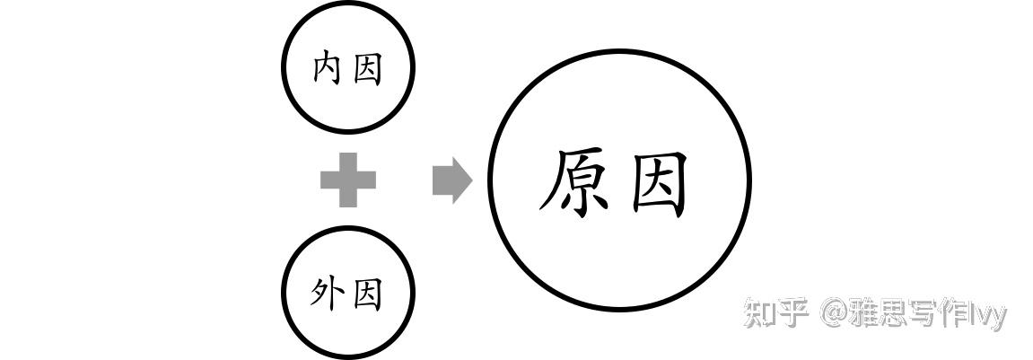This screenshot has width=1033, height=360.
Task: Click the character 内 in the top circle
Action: pos(327,68)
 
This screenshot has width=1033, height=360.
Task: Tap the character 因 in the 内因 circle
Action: pos(368,69)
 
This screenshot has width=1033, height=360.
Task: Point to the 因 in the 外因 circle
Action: pos(368,294)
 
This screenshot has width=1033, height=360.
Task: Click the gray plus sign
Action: pos(348,180)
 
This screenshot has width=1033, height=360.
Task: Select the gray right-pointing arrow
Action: pos(452,180)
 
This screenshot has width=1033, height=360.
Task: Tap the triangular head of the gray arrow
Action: pos(462,180)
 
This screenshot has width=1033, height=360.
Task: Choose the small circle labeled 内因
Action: pos(348,5)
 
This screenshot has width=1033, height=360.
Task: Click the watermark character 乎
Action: pos(793,312)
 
